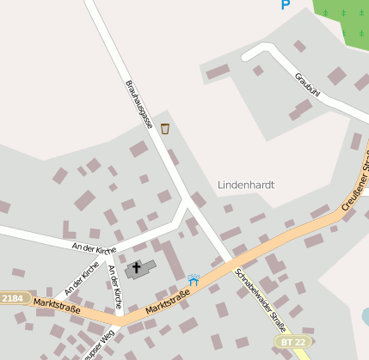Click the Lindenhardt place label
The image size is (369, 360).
[245, 185]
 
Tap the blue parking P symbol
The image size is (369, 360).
[286, 5]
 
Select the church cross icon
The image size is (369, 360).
[136, 269]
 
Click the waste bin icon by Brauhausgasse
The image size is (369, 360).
[165, 129]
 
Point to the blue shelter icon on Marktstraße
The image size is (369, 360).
[194, 279]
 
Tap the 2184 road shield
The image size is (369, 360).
[12, 298]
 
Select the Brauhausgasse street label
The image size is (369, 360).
[138, 104]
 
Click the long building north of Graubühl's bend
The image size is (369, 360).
[218, 71]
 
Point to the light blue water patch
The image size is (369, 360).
[365, 318]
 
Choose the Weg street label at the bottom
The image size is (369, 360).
[99, 347]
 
